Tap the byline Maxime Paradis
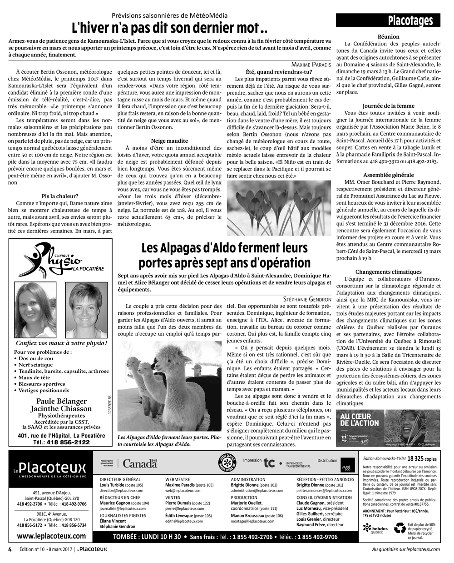point(311,65)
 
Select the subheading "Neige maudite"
point(169,141)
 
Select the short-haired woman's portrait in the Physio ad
point(84,310)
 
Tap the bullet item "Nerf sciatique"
point(36,365)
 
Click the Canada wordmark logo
point(140,464)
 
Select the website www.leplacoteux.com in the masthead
point(52,537)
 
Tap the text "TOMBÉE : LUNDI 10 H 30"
point(147,537)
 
